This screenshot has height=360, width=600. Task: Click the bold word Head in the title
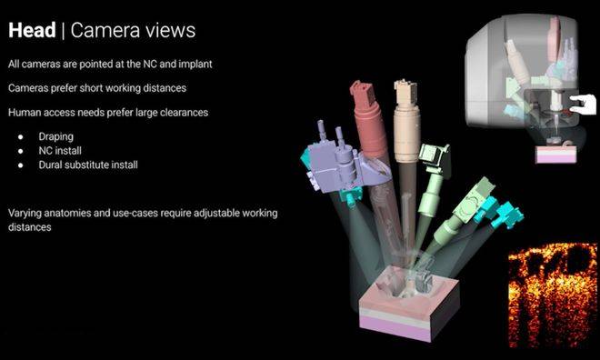click(x=32, y=30)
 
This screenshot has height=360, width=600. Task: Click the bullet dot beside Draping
click(x=21, y=136)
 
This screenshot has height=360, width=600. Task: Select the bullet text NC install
click(x=60, y=151)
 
